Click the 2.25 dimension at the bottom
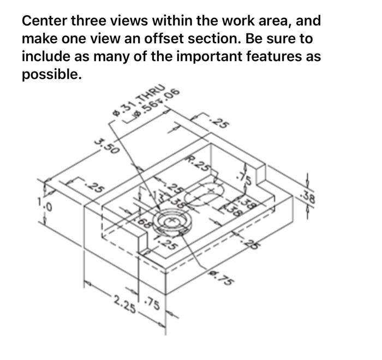coord(125,301)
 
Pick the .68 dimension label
coord(143,222)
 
